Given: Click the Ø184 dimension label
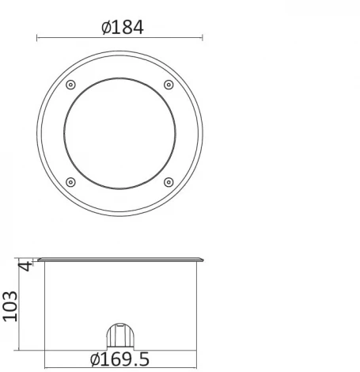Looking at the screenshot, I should click(123, 27).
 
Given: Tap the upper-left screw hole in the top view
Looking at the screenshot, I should click(70, 85).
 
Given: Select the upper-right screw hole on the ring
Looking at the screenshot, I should click(168, 85).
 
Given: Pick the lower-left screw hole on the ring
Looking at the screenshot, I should click(70, 182).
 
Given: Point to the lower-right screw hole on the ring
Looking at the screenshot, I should click(168, 182).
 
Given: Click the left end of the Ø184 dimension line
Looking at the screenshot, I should click(36, 37).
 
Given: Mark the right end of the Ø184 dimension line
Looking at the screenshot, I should click(203, 37).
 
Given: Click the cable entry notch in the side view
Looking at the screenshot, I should click(119, 336).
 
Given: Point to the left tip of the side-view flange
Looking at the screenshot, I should click(37, 257).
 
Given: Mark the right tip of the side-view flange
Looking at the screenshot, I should click(203, 257).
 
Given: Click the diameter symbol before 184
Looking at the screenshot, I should click(106, 27).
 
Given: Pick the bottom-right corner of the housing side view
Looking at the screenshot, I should click(196, 350).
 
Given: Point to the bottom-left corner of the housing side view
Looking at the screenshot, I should click(44, 350).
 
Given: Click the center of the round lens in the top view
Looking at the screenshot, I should click(119, 133).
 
